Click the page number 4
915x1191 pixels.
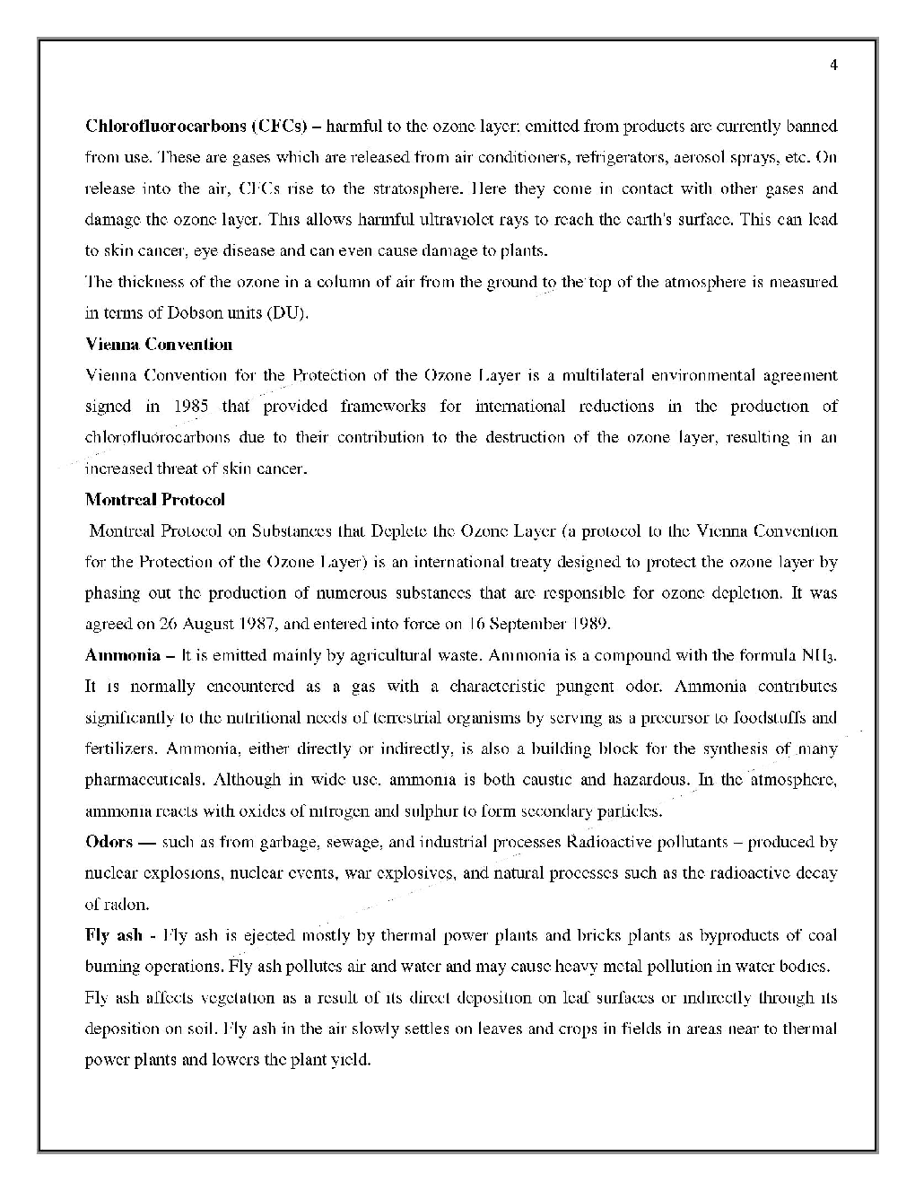point(833,65)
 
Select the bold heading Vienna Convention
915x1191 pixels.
point(159,344)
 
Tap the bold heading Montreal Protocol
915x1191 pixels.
point(155,499)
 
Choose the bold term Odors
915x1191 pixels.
point(109,842)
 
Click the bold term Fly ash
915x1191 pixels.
point(113,935)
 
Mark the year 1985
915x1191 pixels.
point(190,406)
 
